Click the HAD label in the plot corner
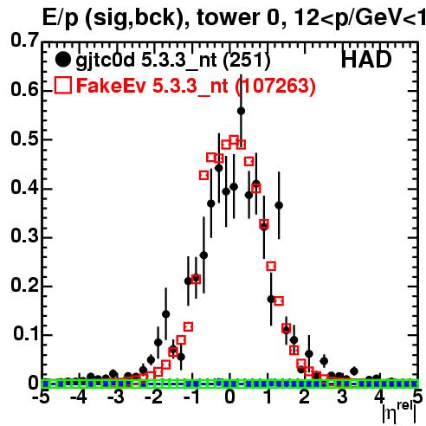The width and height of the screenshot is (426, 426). click(366, 60)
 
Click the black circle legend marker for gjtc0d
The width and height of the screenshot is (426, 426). click(62, 60)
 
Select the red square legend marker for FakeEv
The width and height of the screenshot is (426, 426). click(62, 85)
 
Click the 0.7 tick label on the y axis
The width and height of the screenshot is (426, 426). click(24, 40)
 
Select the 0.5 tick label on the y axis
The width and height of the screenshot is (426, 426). click(24, 139)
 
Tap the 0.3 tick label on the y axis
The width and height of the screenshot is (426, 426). click(24, 236)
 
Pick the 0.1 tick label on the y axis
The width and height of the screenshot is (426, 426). click(26, 333)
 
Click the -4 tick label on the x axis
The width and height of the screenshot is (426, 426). click(78, 397)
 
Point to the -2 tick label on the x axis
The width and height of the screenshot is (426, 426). click(154, 397)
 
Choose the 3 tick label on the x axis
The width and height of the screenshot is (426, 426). click(342, 397)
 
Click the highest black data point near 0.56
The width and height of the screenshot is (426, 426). click(241, 111)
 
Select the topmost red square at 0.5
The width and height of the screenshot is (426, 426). click(234, 139)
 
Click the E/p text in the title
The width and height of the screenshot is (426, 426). click(61, 18)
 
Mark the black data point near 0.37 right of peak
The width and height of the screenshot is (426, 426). click(279, 205)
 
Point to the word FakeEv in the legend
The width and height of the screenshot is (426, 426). click(111, 85)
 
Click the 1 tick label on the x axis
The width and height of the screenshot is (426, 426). click(268, 397)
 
